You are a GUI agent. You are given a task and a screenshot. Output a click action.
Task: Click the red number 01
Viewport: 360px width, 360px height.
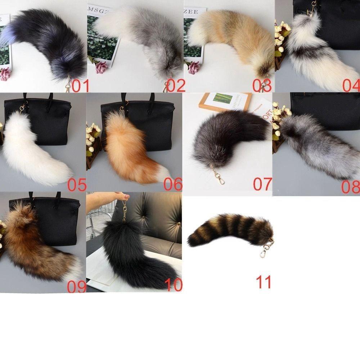[x=81, y=86]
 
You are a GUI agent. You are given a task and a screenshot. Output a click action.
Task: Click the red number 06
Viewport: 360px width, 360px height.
[x=173, y=185]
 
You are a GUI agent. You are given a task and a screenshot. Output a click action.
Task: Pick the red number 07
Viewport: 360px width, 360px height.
[x=262, y=184]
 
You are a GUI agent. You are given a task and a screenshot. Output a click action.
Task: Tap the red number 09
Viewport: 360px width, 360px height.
[x=76, y=287]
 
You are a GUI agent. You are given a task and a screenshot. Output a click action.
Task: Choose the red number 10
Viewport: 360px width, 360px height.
[x=173, y=285]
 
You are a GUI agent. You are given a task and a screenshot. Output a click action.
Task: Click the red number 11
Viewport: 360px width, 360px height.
[x=264, y=283]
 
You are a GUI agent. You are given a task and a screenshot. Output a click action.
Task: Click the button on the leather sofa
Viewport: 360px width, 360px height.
[x=179, y=224]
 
